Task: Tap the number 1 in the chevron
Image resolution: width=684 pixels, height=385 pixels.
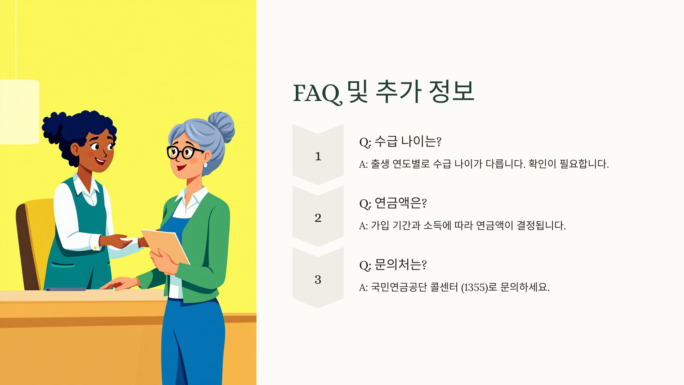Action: pos(318,156)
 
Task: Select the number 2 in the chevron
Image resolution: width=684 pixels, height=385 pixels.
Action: pos(318,218)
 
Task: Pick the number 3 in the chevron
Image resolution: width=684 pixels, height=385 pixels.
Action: pos(318,279)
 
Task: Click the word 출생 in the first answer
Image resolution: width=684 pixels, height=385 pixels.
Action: pos(380,164)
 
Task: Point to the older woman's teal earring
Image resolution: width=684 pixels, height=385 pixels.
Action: pos(205,165)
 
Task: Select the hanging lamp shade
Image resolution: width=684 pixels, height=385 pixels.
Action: pos(19,112)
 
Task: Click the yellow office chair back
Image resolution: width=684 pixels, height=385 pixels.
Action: pos(40,234)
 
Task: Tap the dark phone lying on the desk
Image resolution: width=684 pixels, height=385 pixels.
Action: pos(66,289)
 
